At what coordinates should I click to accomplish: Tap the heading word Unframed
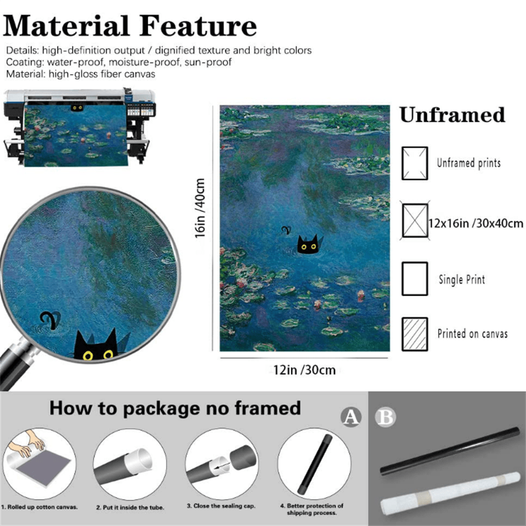click(x=452, y=115)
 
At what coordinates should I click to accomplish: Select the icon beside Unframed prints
click(x=414, y=163)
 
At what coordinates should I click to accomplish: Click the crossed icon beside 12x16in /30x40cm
click(x=414, y=221)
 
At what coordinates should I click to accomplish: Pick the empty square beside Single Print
click(x=414, y=278)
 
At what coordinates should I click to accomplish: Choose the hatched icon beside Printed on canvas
click(x=414, y=334)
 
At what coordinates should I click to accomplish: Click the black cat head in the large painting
click(x=308, y=245)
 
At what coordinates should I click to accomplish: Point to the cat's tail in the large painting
click(x=286, y=230)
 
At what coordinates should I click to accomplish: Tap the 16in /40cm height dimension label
click(x=200, y=208)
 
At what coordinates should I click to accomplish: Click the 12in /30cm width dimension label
click(x=304, y=370)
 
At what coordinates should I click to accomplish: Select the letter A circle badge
click(x=351, y=417)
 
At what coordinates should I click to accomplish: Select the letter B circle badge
click(x=385, y=417)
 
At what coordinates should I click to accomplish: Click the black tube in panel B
click(x=450, y=450)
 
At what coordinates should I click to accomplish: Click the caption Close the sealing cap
click(x=221, y=506)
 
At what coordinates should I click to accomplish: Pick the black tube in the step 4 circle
click(x=315, y=464)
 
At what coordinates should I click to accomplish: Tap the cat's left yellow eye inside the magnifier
click(x=88, y=356)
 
